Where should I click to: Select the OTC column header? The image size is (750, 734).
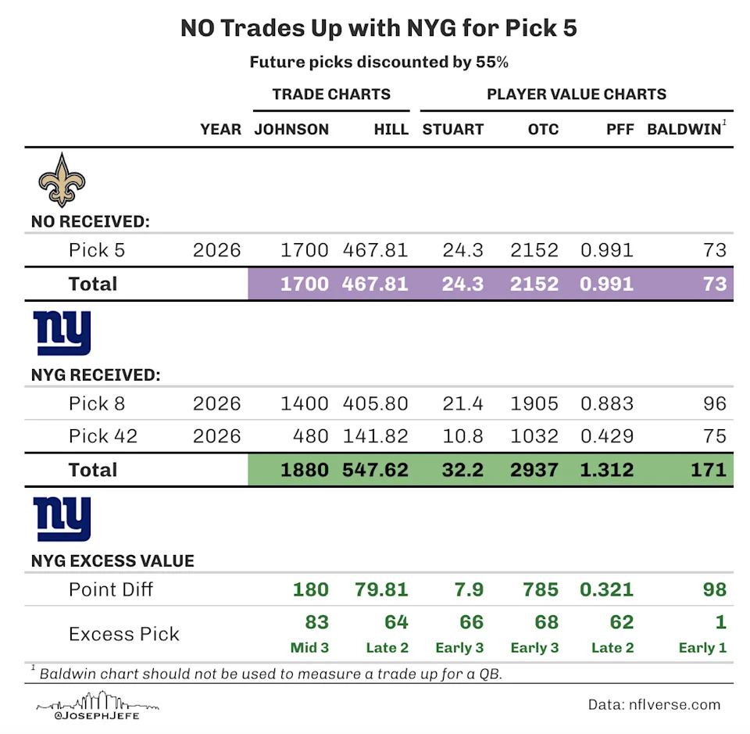(543, 129)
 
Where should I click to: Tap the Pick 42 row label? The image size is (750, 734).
(103, 435)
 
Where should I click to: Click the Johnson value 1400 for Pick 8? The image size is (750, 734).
(304, 404)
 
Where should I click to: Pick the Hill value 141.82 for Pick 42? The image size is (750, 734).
(375, 435)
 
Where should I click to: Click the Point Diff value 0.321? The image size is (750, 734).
(606, 589)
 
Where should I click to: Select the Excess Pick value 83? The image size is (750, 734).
(314, 622)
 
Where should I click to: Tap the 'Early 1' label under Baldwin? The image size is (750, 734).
(702, 647)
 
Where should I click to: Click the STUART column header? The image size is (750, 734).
(453, 129)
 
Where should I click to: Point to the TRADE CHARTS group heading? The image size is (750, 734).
(331, 95)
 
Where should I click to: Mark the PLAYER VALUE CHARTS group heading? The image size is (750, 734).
(577, 95)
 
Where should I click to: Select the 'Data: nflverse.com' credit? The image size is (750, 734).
(654, 704)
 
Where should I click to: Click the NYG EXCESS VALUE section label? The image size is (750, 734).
(112, 561)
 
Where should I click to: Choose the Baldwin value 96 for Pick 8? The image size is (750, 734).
(714, 404)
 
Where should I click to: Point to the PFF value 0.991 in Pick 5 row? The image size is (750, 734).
(606, 251)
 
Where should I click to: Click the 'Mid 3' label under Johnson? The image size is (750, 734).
(309, 647)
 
